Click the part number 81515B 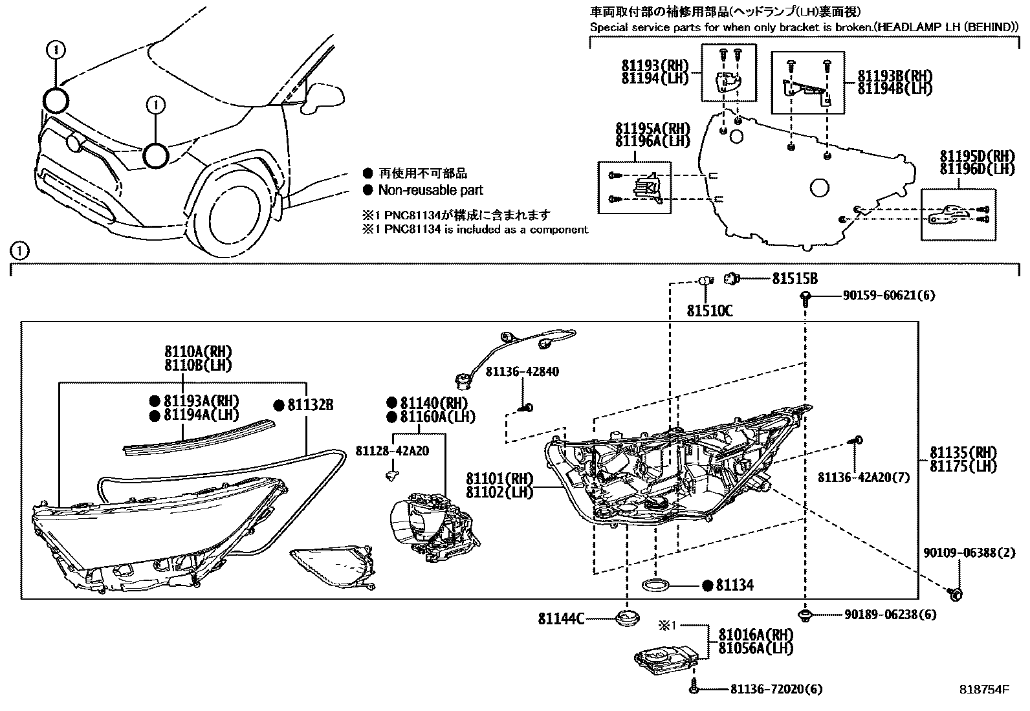(x=794, y=279)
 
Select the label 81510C (x=710, y=311)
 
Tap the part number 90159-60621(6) (x=889, y=295)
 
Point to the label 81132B (x=311, y=405)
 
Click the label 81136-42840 (x=522, y=371)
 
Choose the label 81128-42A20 (x=392, y=451)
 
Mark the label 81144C (x=561, y=619)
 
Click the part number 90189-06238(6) (x=890, y=615)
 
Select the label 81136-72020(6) (x=776, y=688)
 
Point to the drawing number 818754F (x=983, y=690)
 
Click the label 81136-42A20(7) (x=864, y=477)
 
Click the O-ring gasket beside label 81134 (x=655, y=586)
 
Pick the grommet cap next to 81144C (x=627, y=618)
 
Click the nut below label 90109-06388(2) (x=955, y=595)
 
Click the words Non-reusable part (x=430, y=190)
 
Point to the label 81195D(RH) (x=977, y=156)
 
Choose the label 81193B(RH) (x=895, y=76)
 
